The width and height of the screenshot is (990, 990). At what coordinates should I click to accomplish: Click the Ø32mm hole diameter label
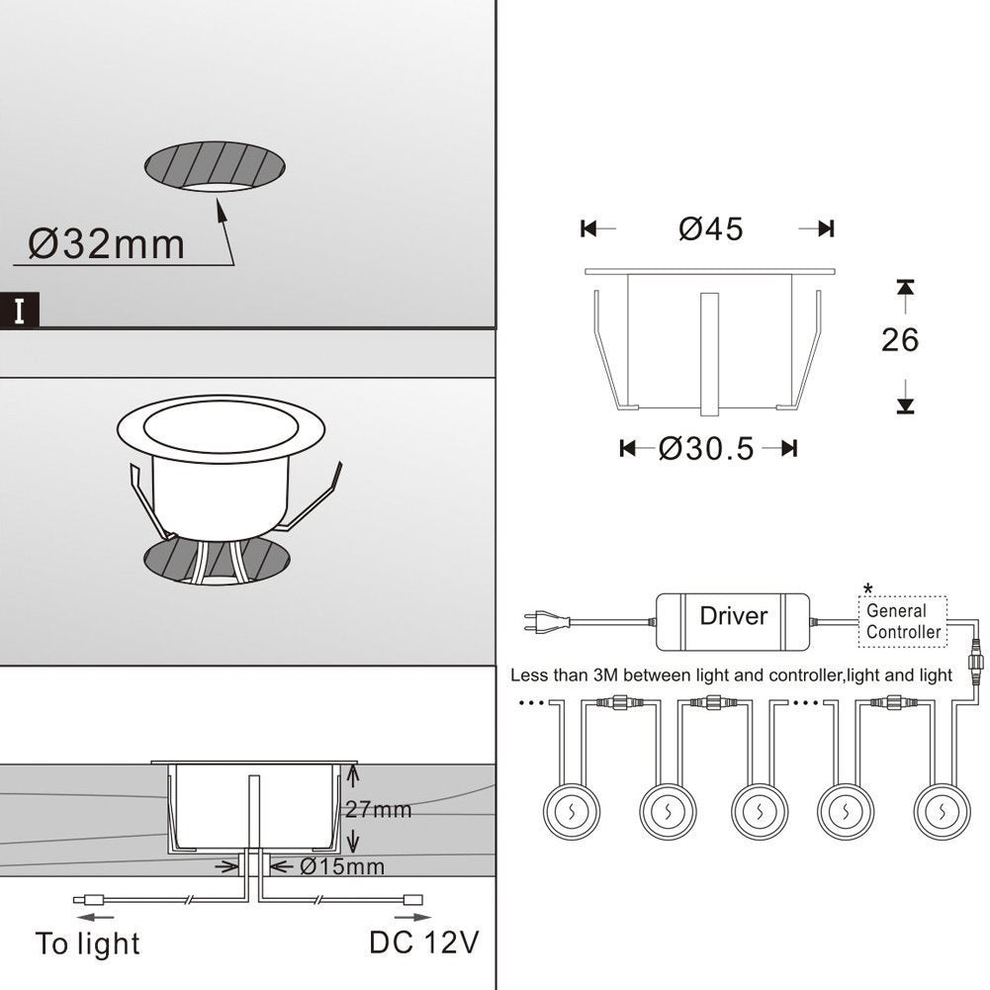pos(106,243)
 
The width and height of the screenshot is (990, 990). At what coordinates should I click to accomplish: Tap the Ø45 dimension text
pos(711,228)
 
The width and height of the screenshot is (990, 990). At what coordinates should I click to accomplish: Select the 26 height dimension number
pos(900,339)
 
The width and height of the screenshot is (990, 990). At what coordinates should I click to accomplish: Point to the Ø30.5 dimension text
pos(706,449)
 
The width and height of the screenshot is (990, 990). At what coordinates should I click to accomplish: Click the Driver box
pos(733,622)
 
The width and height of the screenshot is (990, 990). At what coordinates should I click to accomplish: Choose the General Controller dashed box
pos(903,621)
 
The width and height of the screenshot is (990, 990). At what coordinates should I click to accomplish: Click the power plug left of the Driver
pos(547,622)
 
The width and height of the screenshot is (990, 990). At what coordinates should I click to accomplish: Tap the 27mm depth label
pos(378,809)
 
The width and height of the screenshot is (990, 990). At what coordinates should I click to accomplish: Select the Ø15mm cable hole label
pos(341,866)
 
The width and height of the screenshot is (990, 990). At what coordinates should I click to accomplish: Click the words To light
pos(88,944)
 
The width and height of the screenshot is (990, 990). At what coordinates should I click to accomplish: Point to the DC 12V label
pos(424,943)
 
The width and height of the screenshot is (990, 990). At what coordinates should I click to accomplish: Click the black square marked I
pos(20,311)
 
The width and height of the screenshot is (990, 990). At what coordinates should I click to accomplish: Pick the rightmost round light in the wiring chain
pos(942,811)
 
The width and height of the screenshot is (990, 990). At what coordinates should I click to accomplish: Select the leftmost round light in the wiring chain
pos(572,811)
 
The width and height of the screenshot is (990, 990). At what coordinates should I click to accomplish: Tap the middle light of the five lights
pos(760,811)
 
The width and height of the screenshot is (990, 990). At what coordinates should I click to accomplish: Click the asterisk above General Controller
pos(868,589)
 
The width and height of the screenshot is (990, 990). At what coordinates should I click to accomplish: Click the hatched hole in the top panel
pos(215,167)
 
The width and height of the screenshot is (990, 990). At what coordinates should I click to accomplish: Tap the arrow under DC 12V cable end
pos(413,918)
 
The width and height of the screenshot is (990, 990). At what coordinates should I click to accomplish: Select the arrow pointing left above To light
pos(95,918)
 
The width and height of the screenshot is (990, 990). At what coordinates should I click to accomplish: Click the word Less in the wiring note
pos(529,675)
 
